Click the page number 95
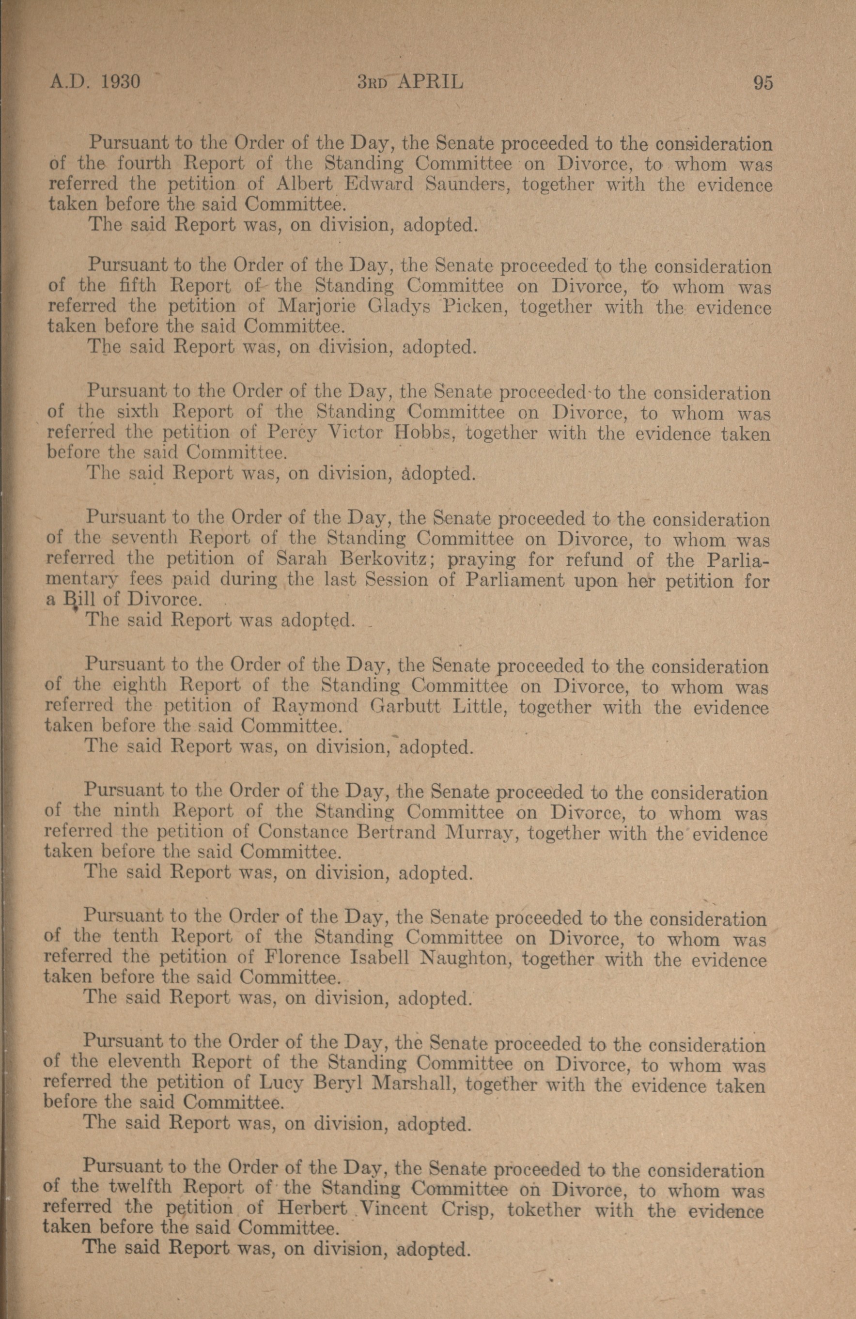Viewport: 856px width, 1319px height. pyautogui.click(x=763, y=83)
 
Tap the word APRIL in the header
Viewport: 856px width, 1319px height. pyautogui.click(x=430, y=82)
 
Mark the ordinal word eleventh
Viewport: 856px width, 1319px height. pyautogui.click(x=143, y=1065)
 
